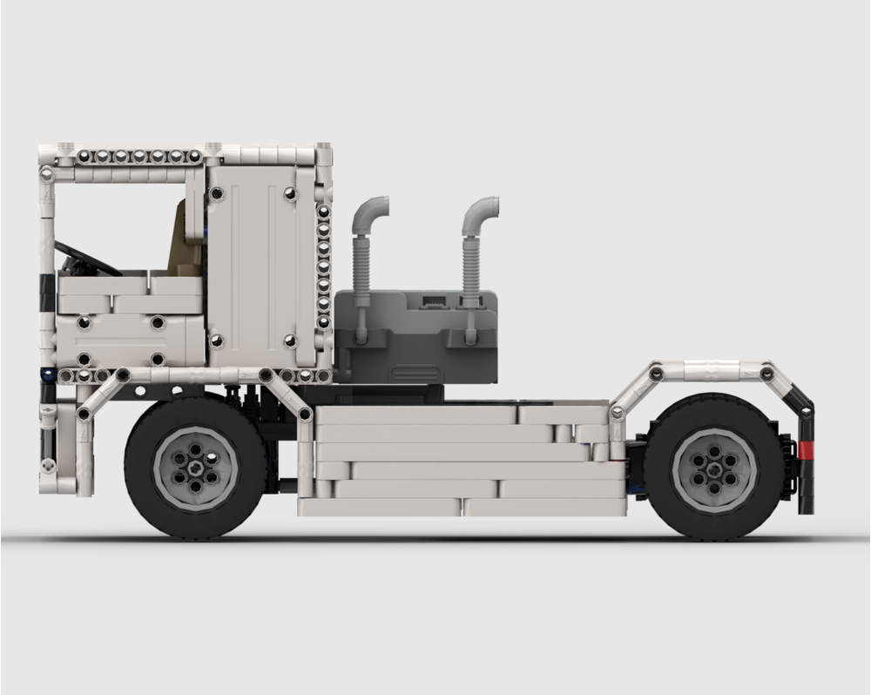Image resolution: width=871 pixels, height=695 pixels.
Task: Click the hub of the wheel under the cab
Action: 195,468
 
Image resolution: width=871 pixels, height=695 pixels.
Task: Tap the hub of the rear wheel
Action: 714,469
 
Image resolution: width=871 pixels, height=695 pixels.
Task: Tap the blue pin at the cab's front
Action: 45,375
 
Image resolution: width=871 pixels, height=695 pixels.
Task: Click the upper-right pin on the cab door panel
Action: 289,193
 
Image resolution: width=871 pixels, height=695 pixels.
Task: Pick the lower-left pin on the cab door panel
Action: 217,341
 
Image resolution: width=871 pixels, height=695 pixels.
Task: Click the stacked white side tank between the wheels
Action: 462,460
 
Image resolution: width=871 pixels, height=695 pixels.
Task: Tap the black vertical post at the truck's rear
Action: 806,462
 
